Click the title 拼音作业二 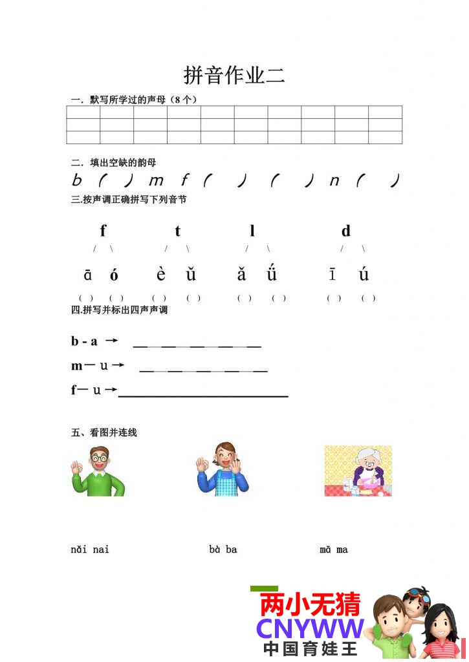click(x=234, y=75)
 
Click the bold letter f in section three click(x=103, y=230)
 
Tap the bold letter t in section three click(x=177, y=231)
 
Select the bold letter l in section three click(x=252, y=230)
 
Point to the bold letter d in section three click(x=346, y=231)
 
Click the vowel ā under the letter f click(x=88, y=275)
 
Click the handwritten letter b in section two click(x=77, y=180)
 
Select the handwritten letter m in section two click(x=156, y=181)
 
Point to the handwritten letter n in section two click(x=334, y=181)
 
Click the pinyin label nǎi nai click(x=90, y=550)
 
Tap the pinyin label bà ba click(x=223, y=550)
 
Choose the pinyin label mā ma click(x=334, y=550)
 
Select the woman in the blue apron click(x=222, y=470)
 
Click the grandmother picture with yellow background click(x=358, y=471)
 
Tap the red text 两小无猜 click(x=310, y=605)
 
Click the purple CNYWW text click(x=310, y=628)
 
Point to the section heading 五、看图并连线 click(x=104, y=432)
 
